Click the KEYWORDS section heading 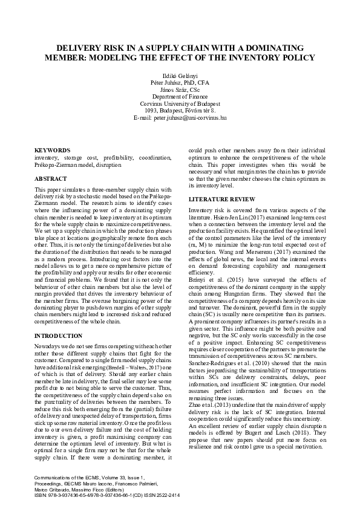[51, 149]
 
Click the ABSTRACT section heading [51, 180]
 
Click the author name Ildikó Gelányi [180, 76]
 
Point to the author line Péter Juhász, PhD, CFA [180, 83]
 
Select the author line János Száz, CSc [180, 89]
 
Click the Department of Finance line [180, 97]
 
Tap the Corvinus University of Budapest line [180, 103]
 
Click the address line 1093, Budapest [180, 111]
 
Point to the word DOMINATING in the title [271, 48]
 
